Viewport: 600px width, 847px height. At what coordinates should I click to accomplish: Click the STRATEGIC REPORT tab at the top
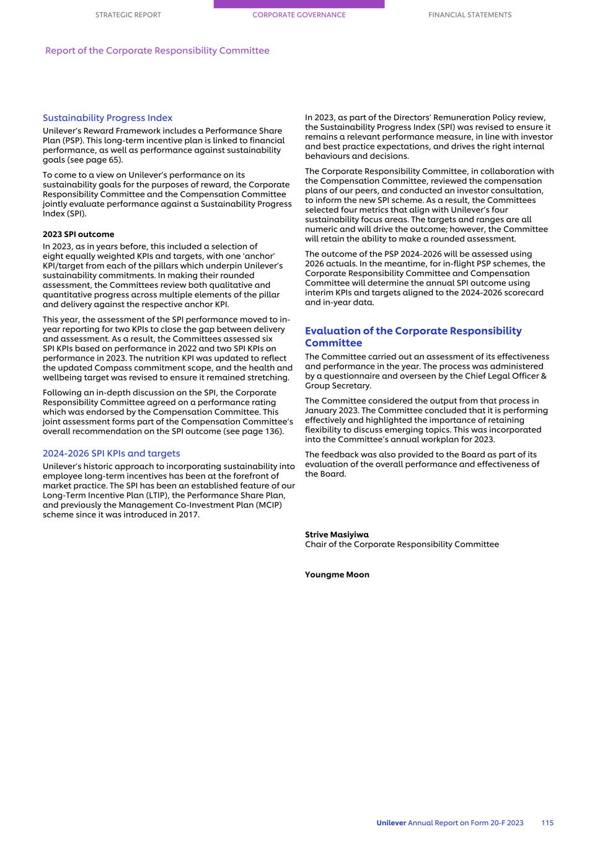point(128,15)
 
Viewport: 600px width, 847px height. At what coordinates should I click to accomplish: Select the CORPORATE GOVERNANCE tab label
point(299,15)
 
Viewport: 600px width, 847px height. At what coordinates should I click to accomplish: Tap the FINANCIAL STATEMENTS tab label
point(470,15)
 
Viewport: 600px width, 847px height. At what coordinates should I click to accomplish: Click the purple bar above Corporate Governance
point(299,4)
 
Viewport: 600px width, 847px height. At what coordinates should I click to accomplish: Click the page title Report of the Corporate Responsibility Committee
point(157,51)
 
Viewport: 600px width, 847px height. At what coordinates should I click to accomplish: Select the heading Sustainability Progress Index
point(108,118)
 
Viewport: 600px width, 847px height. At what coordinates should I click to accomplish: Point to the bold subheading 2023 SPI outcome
point(79,235)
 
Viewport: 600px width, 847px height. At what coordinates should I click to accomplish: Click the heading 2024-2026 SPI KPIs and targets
point(112,454)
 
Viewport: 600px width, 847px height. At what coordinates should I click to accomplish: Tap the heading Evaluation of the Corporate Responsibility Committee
point(413,337)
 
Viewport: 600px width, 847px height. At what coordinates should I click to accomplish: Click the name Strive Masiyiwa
point(337,535)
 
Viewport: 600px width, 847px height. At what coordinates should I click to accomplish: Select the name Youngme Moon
point(337,575)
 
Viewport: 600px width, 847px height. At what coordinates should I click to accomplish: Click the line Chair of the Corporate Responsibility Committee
point(402,545)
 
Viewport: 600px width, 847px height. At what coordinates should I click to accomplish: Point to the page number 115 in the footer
point(547,823)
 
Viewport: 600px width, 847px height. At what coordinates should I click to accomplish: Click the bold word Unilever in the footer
point(391,823)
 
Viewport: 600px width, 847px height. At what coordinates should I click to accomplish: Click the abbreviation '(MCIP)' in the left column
point(267,505)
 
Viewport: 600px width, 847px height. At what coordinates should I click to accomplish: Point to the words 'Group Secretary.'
point(338,386)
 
